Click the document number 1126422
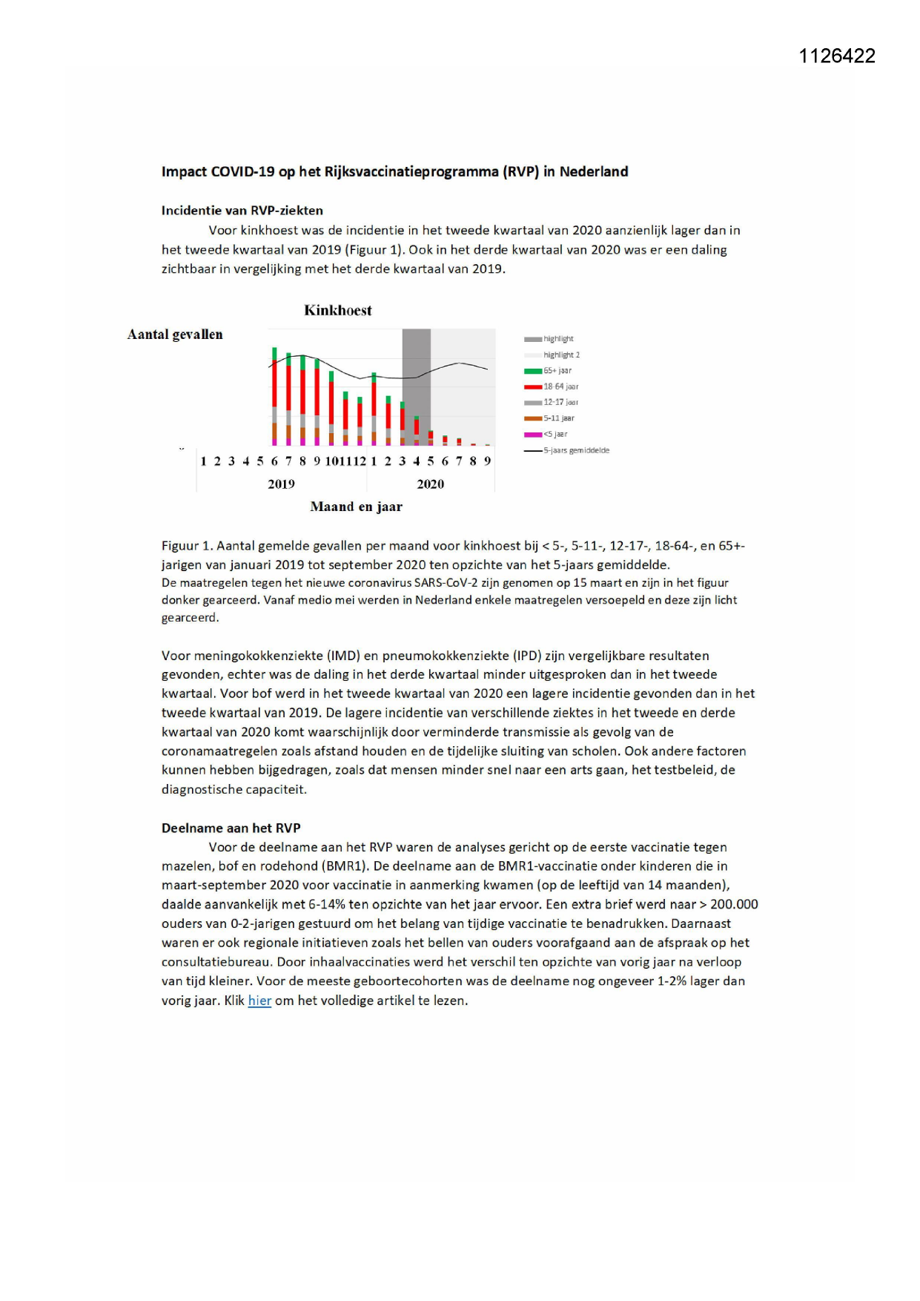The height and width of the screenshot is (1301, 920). click(x=837, y=56)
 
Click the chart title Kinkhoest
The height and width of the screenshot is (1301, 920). click(x=337, y=311)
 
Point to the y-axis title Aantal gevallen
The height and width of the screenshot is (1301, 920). click(x=175, y=335)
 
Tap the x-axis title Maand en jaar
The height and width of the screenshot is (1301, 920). click(x=356, y=507)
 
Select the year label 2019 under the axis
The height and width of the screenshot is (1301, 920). click(x=281, y=484)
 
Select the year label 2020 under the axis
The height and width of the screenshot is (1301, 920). click(x=430, y=484)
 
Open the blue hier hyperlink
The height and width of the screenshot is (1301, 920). click(x=259, y=1001)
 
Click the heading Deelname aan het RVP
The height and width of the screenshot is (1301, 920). click(x=231, y=828)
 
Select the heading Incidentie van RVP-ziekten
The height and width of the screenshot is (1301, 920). click(x=242, y=211)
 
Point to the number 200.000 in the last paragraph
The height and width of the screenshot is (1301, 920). click(x=734, y=904)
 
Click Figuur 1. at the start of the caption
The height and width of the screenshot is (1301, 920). click(x=187, y=546)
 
